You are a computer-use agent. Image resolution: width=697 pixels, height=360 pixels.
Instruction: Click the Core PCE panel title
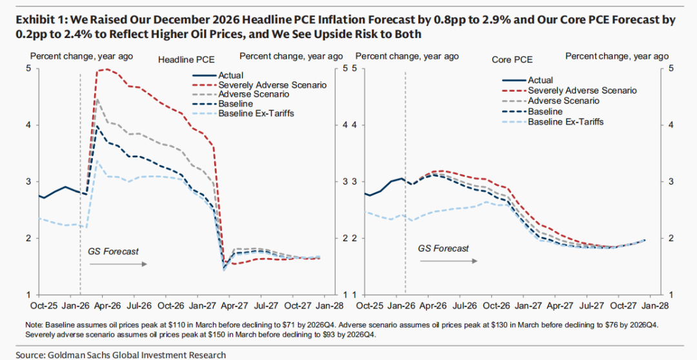coord(512,60)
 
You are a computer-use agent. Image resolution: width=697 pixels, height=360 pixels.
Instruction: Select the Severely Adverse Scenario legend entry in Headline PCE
coord(272,85)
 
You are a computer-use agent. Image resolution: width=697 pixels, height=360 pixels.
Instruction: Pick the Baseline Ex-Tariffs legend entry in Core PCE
coord(566,121)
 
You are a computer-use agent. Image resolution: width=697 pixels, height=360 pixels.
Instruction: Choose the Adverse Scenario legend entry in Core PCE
coord(563,101)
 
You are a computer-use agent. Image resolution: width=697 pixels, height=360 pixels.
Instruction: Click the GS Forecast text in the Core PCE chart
coord(443,248)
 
